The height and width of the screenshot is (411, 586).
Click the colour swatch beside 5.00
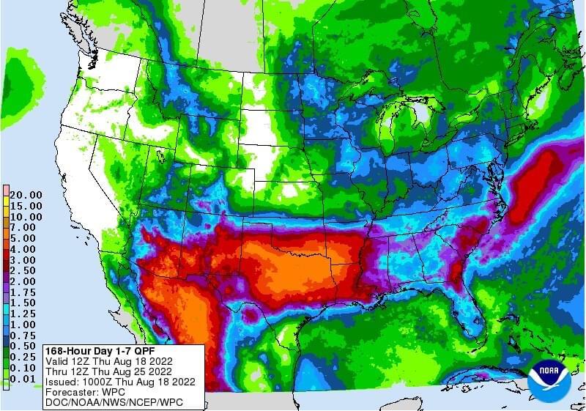6,239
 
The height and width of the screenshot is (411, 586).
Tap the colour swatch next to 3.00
6,260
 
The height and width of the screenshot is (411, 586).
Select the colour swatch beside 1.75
6,292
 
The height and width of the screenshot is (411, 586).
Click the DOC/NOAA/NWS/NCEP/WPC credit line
113,402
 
